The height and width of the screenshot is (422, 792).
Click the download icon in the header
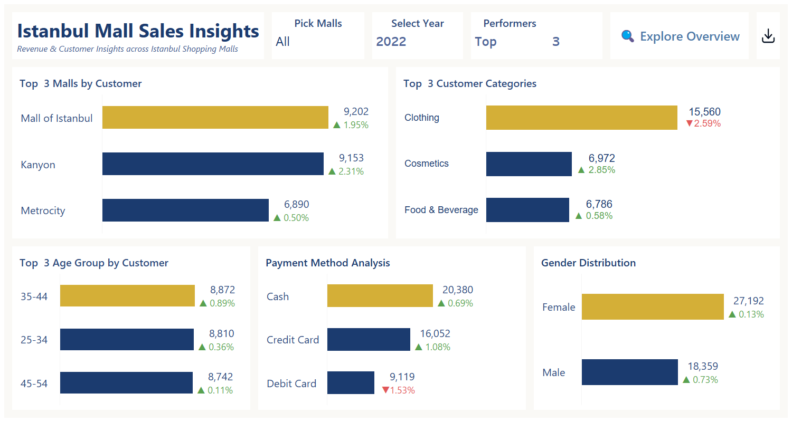(x=768, y=36)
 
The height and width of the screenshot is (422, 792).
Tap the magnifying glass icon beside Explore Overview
(x=627, y=36)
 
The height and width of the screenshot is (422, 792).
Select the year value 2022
(x=391, y=42)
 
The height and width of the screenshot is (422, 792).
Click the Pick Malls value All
(x=283, y=42)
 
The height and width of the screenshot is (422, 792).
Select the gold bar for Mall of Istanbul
(x=215, y=117)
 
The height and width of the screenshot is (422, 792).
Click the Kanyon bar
(x=213, y=164)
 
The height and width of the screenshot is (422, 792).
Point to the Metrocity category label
(x=43, y=210)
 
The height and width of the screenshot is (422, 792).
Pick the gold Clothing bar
(x=581, y=117)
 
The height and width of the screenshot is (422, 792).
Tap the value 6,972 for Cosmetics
(x=601, y=158)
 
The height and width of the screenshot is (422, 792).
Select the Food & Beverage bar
(x=527, y=209)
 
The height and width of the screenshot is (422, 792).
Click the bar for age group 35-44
(x=127, y=295)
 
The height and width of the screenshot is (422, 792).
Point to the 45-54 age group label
(x=34, y=383)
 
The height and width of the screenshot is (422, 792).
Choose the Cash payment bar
(x=380, y=295)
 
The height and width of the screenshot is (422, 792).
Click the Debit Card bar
(x=351, y=382)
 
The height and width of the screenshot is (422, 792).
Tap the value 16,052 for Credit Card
(x=435, y=333)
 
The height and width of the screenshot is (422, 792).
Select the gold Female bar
(x=653, y=306)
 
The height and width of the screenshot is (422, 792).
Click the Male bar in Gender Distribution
(x=629, y=372)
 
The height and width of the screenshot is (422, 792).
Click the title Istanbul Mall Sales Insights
(x=138, y=31)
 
